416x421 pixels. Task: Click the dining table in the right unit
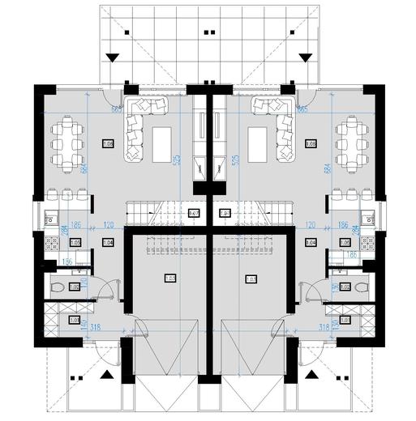pos(349,142)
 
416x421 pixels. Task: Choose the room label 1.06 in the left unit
pos(107,143)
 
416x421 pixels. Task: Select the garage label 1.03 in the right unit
pos(249,279)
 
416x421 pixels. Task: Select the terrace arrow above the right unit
pos(306,57)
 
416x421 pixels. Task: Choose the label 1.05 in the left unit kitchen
pos(75,241)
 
